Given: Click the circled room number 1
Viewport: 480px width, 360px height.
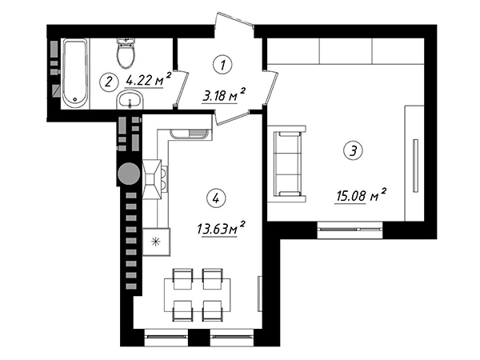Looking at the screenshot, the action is [222, 65].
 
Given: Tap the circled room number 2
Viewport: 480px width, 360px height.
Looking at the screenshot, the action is [109, 82].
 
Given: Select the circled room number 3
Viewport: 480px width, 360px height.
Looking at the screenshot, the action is [354, 150].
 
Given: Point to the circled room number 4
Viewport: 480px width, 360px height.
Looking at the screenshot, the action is [217, 198].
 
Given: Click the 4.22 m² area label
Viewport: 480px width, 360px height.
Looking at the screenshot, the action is [148, 79].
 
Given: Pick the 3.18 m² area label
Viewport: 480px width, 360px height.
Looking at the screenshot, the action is [224, 94].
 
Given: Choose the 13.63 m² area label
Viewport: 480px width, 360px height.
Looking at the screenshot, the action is [221, 228].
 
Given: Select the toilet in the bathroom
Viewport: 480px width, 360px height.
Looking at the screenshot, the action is [126, 54].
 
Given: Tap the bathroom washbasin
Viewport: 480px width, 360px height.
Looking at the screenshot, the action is [130, 99].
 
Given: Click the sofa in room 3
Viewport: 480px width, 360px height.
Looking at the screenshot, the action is [287, 164].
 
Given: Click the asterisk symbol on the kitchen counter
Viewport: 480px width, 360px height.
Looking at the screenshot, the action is [156, 242].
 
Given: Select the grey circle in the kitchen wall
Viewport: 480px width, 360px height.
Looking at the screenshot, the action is [129, 174].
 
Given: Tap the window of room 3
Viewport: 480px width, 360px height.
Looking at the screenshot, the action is [350, 229].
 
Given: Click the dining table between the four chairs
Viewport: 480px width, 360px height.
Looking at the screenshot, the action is [198, 295].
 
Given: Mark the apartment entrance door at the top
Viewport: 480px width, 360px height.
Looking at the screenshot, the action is [234, 21].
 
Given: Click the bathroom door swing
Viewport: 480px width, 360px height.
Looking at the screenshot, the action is [182, 89].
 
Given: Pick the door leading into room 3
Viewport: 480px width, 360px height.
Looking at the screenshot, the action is [271, 87].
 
